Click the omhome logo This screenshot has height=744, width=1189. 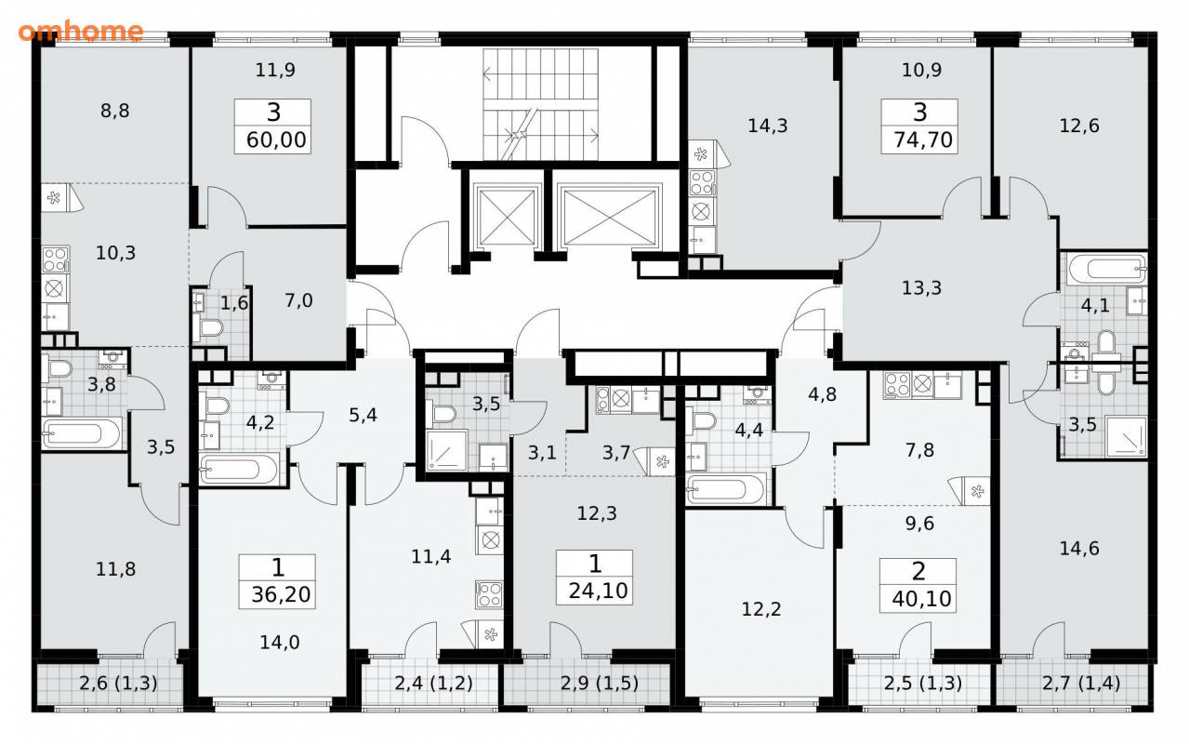(x=81, y=32)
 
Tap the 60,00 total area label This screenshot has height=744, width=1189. (x=276, y=140)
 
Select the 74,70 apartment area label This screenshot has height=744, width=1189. (x=923, y=140)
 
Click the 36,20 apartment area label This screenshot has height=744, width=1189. (x=280, y=595)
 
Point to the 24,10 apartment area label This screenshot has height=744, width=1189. (x=598, y=591)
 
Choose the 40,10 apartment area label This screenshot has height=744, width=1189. (x=921, y=599)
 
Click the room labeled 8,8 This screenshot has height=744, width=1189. (x=114, y=111)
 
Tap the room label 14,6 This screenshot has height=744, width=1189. (x=1079, y=548)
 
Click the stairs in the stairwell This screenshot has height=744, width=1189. (x=540, y=104)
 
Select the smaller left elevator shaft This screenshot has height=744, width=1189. (x=506, y=216)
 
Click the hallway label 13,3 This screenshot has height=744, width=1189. (x=921, y=288)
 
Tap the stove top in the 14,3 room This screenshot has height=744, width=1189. (x=702, y=182)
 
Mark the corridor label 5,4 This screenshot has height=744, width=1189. (x=363, y=416)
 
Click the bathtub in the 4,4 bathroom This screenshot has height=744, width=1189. (x=726, y=488)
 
